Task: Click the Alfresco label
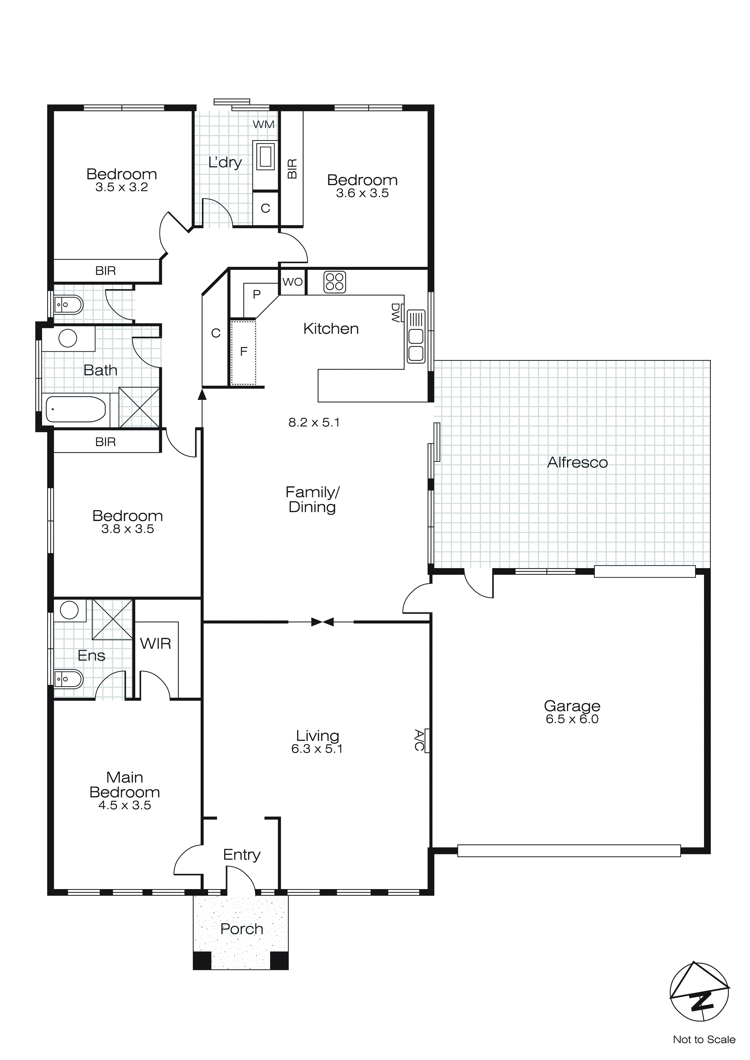pyautogui.click(x=577, y=462)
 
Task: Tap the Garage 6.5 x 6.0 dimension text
pyautogui.click(x=572, y=719)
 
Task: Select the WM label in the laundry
pyautogui.click(x=263, y=124)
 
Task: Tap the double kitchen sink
pyautogui.click(x=416, y=344)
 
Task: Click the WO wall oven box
pyautogui.click(x=292, y=282)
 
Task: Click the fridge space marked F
pyautogui.click(x=243, y=352)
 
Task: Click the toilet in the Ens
pyautogui.click(x=68, y=679)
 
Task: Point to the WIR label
pyautogui.click(x=155, y=643)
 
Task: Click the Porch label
pyautogui.click(x=241, y=929)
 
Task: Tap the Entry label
pyautogui.click(x=241, y=855)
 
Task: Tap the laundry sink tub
pyautogui.click(x=266, y=156)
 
